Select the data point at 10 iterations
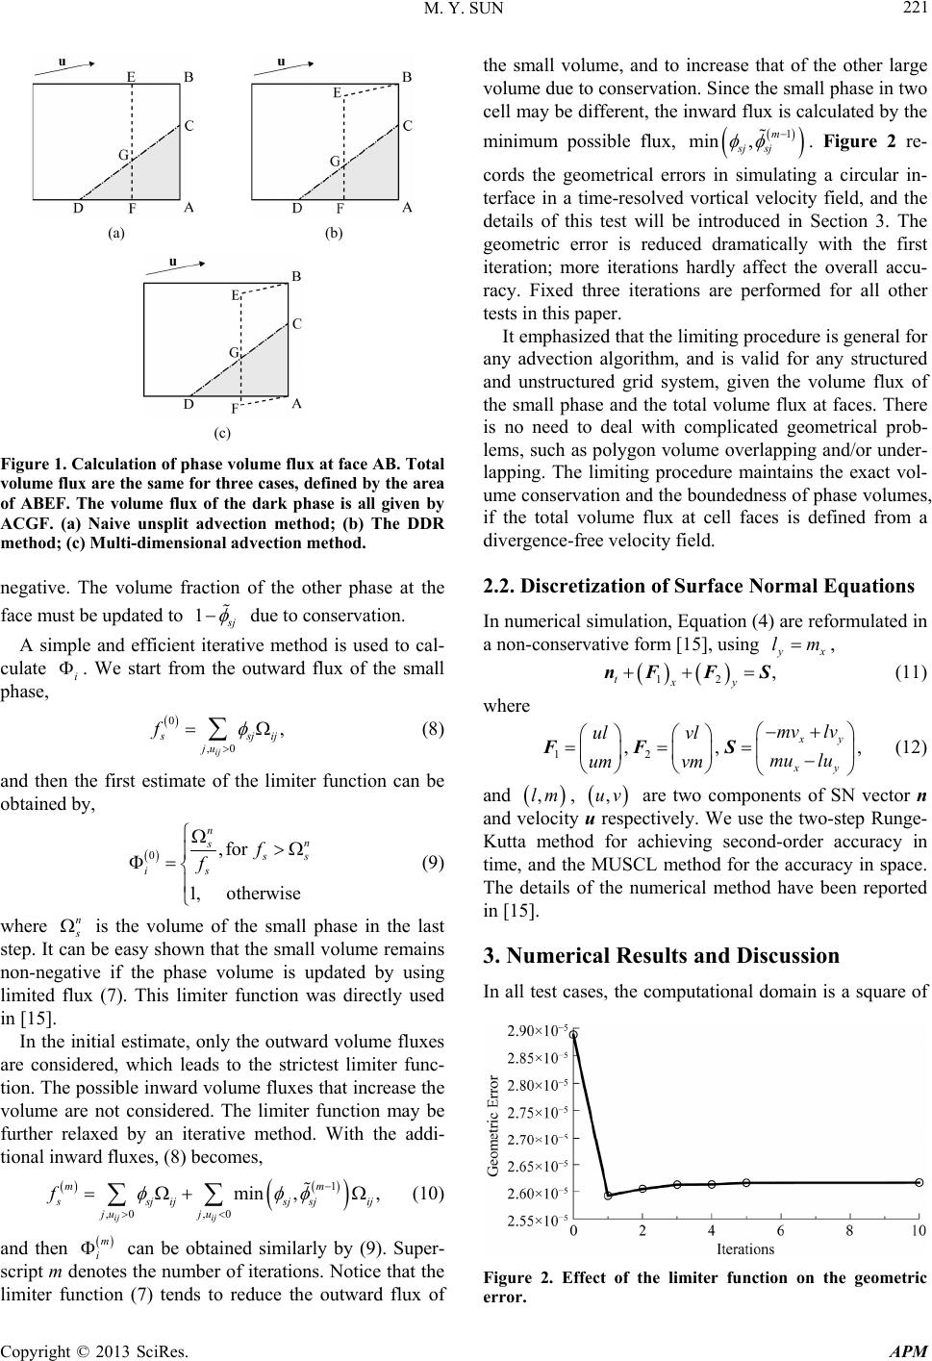point(919,1182)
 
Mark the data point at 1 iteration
point(609,1196)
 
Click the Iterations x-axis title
point(745,1249)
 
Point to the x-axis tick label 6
point(780,1231)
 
